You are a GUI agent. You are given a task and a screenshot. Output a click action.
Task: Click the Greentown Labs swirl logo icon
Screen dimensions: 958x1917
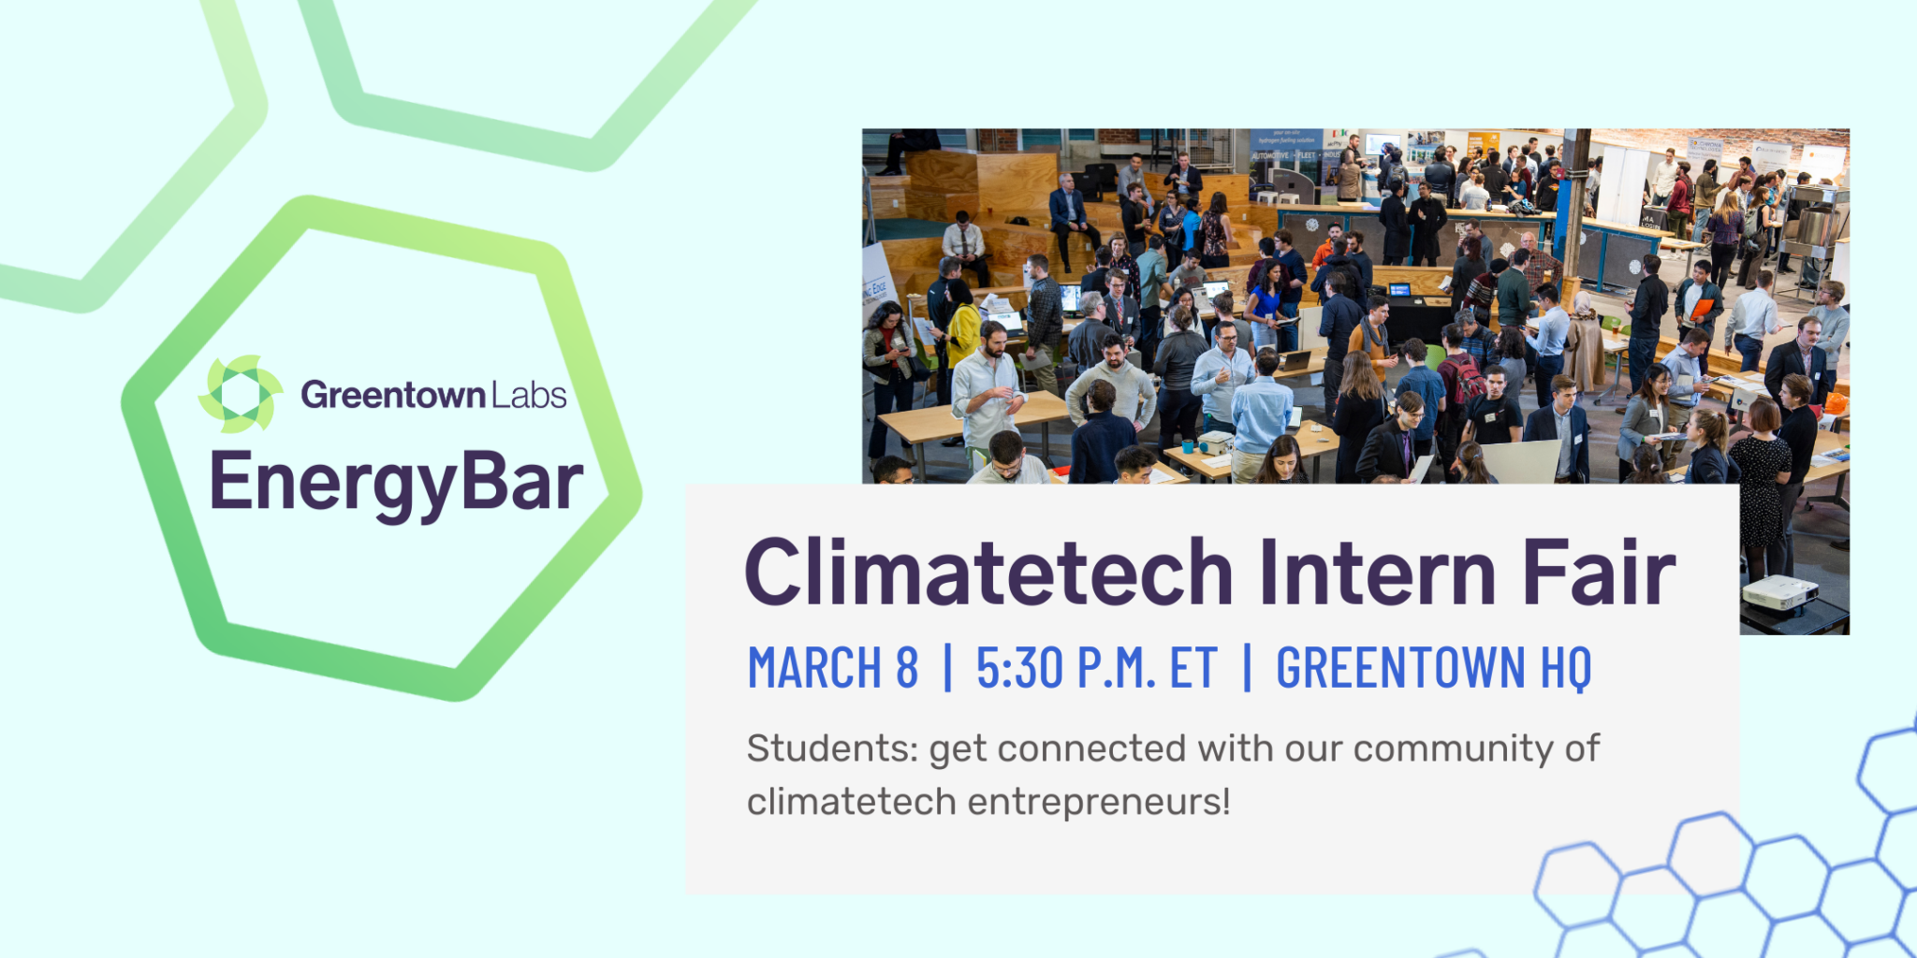click(240, 394)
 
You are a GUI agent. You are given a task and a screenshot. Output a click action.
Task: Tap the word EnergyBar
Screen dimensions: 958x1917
click(396, 483)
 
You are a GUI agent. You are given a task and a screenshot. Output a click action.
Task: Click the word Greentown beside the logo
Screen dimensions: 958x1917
click(392, 396)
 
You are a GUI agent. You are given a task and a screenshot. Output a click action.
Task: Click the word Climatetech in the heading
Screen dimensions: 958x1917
click(988, 573)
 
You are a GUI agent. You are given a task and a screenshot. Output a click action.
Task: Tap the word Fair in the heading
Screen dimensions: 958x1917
click(1599, 573)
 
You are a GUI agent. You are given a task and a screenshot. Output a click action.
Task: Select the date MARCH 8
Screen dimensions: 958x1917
click(832, 668)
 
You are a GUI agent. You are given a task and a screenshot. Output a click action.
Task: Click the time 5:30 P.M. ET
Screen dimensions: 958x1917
click(1096, 668)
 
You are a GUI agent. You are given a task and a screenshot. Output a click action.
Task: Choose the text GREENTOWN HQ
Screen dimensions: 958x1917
click(1433, 668)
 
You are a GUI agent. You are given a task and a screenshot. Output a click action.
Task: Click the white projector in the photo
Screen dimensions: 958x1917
click(1779, 593)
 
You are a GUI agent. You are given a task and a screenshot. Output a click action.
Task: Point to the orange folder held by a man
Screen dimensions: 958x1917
click(1702, 309)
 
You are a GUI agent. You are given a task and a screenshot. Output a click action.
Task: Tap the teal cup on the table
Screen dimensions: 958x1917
click(1188, 445)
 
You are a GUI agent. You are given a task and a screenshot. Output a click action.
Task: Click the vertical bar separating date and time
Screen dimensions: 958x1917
click(948, 668)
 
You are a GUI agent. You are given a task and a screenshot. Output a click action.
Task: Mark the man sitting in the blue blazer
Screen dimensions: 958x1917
click(1068, 208)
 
